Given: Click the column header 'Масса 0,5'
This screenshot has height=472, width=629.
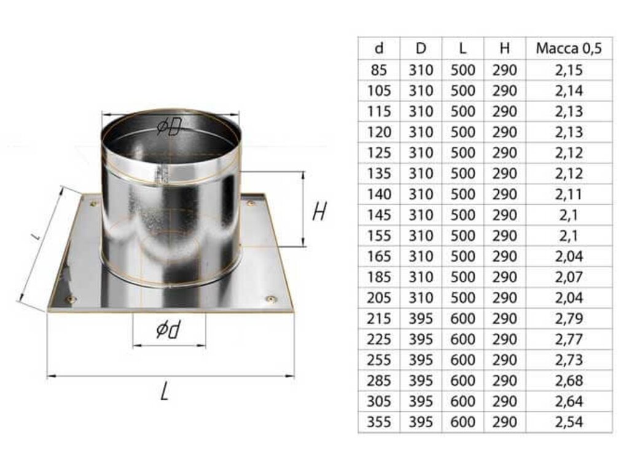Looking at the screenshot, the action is (x=569, y=49).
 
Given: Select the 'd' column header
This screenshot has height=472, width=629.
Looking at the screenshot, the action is (x=378, y=49).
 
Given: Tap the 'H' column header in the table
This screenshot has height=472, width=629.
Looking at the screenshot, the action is (x=505, y=49).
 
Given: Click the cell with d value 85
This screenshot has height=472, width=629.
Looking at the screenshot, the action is (x=378, y=70).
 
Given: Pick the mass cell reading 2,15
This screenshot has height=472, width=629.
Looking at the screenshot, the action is (x=569, y=70).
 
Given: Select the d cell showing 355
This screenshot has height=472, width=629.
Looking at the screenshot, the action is (x=378, y=422).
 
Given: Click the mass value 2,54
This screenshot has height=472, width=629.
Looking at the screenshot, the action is (x=569, y=422).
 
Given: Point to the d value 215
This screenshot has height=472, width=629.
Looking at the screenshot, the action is (x=378, y=318).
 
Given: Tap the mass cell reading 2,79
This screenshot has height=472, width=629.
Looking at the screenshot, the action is (x=569, y=318).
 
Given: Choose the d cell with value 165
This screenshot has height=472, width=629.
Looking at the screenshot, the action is (x=378, y=256).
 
